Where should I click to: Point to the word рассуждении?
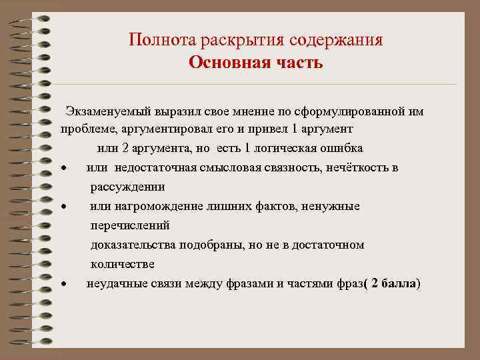coord(127,187)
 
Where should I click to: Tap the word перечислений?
coord(130,225)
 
